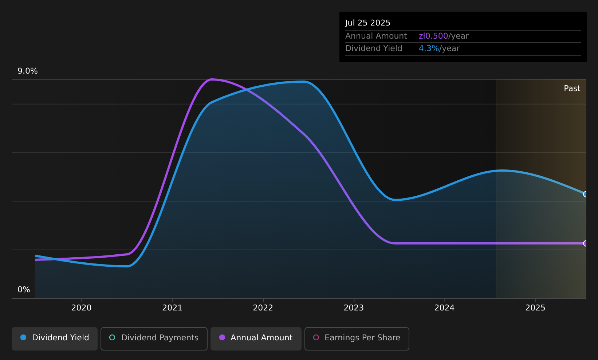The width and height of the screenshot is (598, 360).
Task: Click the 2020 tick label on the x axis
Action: (x=82, y=308)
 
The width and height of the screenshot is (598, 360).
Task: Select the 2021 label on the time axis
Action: (x=172, y=308)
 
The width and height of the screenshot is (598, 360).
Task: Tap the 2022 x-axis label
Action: (x=263, y=308)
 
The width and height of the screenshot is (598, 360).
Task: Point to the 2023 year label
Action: (x=354, y=308)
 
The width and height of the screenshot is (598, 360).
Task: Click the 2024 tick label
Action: (x=445, y=308)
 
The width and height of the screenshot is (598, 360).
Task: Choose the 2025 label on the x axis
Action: (x=535, y=308)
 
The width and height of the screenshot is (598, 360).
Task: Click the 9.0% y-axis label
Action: (x=28, y=71)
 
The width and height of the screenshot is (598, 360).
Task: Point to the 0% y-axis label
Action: (x=24, y=290)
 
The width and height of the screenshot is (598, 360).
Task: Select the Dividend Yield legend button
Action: (x=55, y=339)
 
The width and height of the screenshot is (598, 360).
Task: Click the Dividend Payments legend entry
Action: (x=154, y=339)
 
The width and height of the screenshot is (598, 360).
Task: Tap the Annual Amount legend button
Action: (x=256, y=339)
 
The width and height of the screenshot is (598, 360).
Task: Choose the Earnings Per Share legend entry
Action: (x=357, y=339)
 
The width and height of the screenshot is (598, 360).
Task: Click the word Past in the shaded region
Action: (x=572, y=89)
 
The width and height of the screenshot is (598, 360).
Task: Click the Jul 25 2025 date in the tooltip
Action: (x=367, y=23)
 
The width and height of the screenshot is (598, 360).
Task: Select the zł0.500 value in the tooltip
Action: (x=433, y=36)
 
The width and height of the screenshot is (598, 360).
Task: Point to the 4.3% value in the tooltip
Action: (x=429, y=48)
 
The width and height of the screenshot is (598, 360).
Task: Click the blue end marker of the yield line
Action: (x=586, y=194)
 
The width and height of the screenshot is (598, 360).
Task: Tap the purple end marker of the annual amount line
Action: (x=586, y=243)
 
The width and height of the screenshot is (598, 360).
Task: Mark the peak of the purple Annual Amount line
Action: (x=212, y=79)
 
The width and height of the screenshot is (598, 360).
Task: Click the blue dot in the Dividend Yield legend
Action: (x=23, y=337)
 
